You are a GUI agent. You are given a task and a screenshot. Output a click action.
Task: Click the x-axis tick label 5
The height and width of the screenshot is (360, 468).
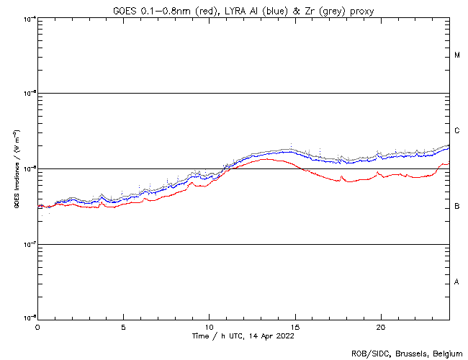[x=123, y=326]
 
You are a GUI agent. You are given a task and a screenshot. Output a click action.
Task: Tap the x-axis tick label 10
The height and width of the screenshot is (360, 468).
[x=209, y=326]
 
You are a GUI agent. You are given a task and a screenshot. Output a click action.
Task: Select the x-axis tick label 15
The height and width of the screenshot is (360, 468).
[x=294, y=326]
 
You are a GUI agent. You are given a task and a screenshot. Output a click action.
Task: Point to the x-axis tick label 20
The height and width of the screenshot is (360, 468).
[x=380, y=326]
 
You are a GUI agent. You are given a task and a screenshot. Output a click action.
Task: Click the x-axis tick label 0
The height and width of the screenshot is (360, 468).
[x=37, y=326]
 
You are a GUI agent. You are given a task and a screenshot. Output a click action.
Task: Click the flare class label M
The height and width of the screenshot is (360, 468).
[x=457, y=55]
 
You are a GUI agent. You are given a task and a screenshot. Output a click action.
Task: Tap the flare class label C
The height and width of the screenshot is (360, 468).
[x=457, y=131]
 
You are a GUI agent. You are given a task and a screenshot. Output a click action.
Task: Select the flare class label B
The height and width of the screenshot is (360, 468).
[x=457, y=207]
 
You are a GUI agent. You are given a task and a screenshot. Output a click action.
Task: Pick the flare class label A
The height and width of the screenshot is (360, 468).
[x=457, y=282]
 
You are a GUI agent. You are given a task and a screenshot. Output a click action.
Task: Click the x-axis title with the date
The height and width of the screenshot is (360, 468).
[x=243, y=336]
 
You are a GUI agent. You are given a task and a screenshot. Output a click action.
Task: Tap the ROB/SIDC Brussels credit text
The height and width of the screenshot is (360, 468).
[x=407, y=353]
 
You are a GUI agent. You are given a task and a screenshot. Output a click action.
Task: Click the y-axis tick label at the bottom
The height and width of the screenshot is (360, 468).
[x=29, y=318]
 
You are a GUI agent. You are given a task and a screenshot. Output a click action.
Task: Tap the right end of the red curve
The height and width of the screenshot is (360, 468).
[x=449, y=164]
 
